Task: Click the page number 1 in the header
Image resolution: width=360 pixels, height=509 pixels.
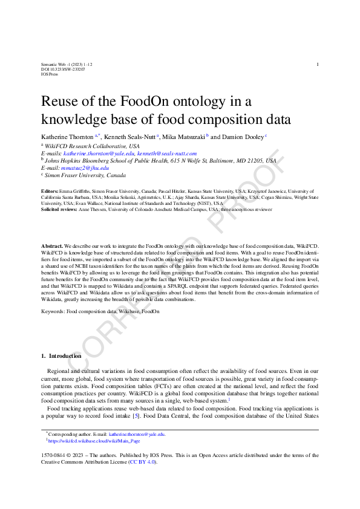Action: [318, 64]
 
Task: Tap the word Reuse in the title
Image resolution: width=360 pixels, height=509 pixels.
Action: [61, 101]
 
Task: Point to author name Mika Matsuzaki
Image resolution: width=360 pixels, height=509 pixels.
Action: [185, 137]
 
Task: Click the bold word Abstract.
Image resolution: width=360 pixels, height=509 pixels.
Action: [52, 247]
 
